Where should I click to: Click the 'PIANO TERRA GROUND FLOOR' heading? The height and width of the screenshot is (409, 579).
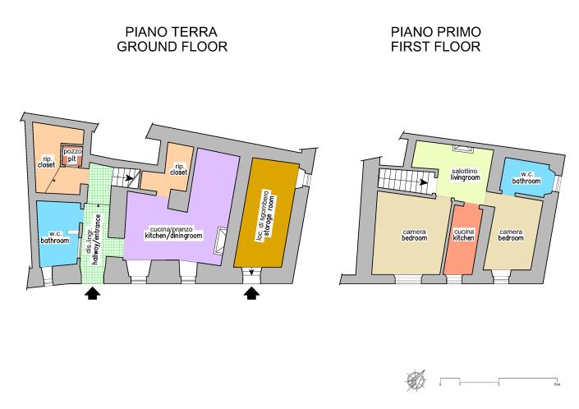(x=171, y=39)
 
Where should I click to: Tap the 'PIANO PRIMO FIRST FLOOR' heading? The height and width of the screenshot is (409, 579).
(x=435, y=39)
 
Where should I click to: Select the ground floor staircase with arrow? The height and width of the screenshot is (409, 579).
(x=123, y=176)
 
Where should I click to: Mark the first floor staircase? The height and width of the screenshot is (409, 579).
(x=402, y=178)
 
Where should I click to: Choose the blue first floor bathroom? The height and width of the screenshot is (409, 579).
(x=526, y=177)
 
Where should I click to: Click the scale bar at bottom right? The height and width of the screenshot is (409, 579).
(x=499, y=379)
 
